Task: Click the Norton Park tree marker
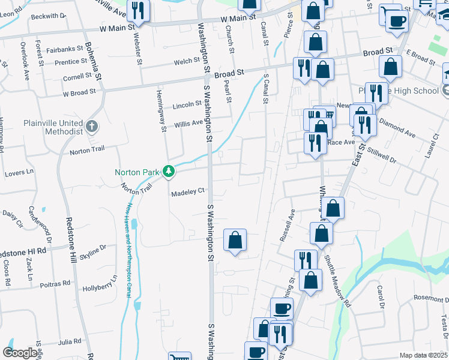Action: pos(169,172)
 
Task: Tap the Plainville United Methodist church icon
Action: pos(91,126)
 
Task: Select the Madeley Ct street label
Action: pos(188,192)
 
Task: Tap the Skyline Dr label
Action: pos(92,251)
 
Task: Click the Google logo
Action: pos(20,353)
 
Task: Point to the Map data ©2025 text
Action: pos(423,355)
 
